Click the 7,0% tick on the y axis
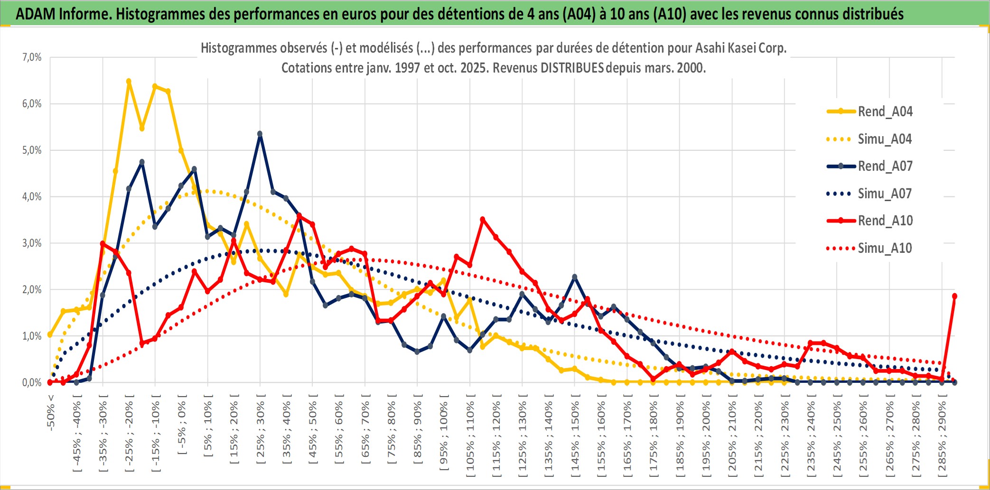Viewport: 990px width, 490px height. [32, 57]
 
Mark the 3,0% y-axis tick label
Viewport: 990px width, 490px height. [32, 243]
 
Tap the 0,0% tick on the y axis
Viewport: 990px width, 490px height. [32, 383]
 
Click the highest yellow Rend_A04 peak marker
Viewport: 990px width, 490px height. [129, 81]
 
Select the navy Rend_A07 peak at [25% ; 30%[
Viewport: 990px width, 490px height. [260, 134]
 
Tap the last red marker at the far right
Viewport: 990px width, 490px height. [954, 296]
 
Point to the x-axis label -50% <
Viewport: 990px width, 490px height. [51, 413]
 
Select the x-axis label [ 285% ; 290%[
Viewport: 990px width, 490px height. [942, 438]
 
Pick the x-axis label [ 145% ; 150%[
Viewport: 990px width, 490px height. [575, 438]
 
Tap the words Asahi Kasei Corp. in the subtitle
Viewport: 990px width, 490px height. [741, 48]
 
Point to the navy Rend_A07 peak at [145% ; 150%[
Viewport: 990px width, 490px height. [575, 277]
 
